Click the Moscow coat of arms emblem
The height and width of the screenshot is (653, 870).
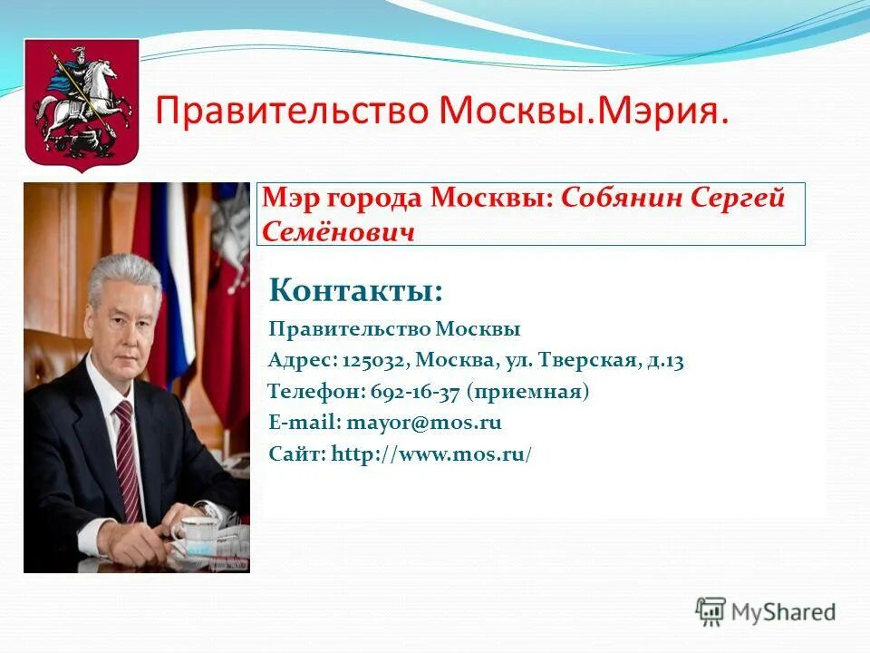point(69,104)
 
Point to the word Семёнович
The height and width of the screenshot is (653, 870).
point(339,232)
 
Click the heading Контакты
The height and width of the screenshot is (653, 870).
point(356,291)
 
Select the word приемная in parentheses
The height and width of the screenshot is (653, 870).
point(528,392)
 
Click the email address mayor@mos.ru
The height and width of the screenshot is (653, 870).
point(423,423)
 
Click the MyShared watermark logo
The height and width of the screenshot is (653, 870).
point(766,611)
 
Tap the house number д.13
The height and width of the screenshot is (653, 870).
point(666,360)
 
